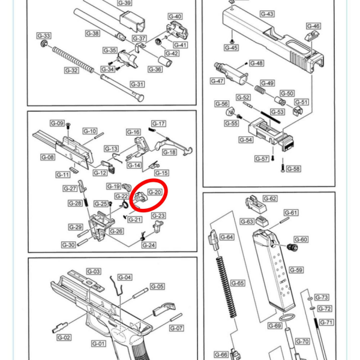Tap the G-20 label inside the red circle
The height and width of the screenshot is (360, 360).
pyautogui.click(x=154, y=192)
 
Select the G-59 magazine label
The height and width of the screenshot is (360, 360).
pyautogui.click(x=296, y=270)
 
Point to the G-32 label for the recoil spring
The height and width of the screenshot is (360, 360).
pyautogui.click(x=71, y=71)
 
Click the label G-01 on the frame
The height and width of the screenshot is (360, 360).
pyautogui.click(x=98, y=344)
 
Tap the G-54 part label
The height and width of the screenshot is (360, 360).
pyautogui.click(x=246, y=140)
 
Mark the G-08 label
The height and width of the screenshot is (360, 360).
pyautogui.click(x=48, y=157)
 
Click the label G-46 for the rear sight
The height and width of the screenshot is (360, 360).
pyautogui.click(x=313, y=26)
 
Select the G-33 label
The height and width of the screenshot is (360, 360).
pyautogui.click(x=44, y=36)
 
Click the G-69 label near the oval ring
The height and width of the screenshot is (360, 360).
pyautogui.click(x=274, y=326)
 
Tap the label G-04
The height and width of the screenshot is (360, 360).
pyautogui.click(x=124, y=277)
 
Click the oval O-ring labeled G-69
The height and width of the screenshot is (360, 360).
pyautogui.click(x=288, y=317)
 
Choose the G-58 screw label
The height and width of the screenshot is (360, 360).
pyautogui.click(x=293, y=169)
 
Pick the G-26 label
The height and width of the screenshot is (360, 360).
pyautogui.click(x=116, y=232)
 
